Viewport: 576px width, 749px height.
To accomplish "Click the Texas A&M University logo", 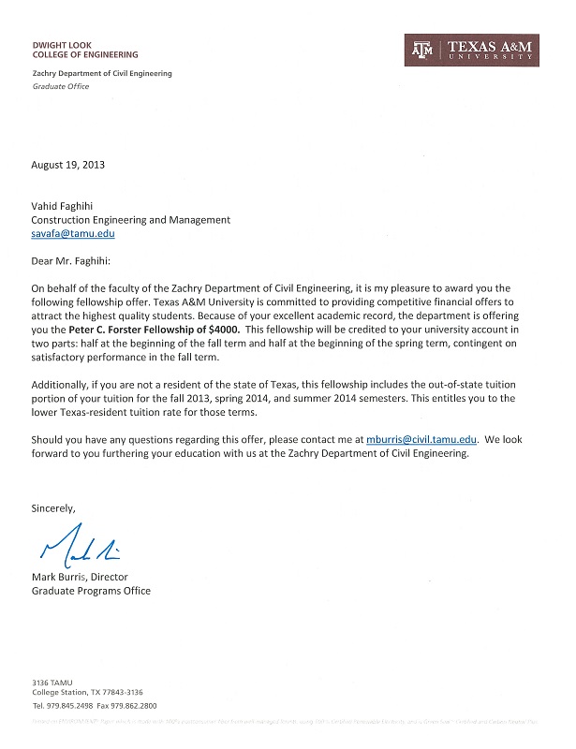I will point(470,50).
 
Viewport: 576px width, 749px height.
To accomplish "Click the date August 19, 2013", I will point(68,165).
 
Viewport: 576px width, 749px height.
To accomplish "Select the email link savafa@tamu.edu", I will point(73,234).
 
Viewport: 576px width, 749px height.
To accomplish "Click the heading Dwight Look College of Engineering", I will point(85,50).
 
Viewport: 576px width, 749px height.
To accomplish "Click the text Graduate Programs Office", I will point(91,591).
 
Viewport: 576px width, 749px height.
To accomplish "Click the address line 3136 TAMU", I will point(52,683).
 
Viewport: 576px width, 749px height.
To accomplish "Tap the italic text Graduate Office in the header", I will point(60,85).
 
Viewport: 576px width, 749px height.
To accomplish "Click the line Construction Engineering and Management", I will point(131,220).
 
